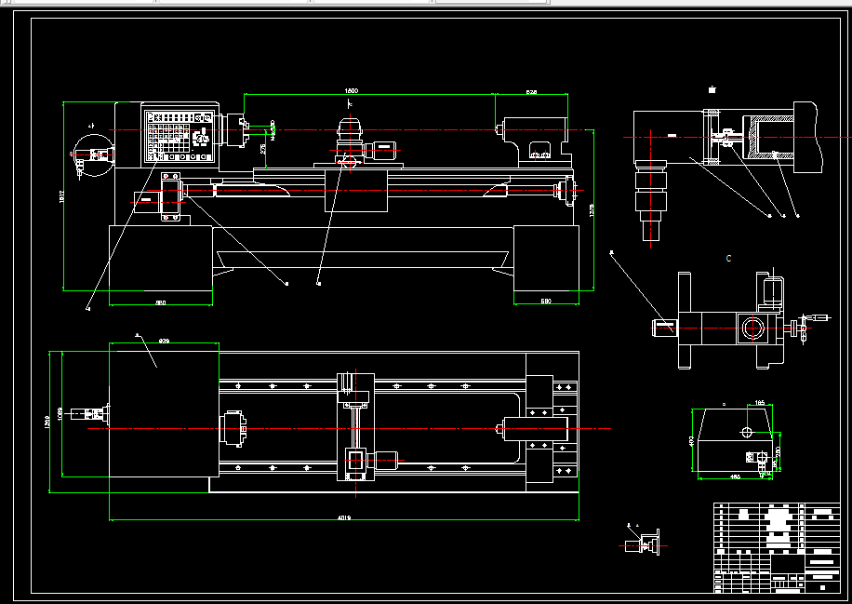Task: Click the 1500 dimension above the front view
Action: pos(351,90)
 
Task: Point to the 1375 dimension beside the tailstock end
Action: pos(592,211)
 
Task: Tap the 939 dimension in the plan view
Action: pos(164,341)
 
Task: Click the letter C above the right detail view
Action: pos(728,259)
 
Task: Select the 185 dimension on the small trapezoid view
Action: pos(759,402)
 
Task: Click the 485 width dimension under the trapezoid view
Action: pos(734,477)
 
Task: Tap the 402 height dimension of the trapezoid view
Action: pos(691,441)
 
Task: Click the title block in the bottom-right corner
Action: pos(775,547)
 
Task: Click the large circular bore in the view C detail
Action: pos(752,327)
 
